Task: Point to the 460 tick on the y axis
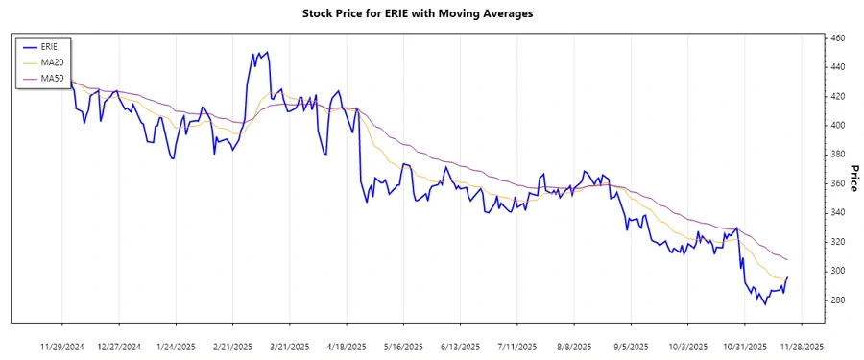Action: tap(837, 38)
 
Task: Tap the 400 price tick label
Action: tap(837, 126)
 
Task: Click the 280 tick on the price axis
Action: tap(837, 300)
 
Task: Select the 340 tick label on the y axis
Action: tap(837, 213)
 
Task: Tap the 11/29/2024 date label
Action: tap(62, 346)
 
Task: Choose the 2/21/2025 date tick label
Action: tap(232, 346)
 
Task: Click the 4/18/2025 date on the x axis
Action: tap(347, 346)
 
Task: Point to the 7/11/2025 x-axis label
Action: tap(517, 346)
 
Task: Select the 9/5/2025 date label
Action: tap(631, 346)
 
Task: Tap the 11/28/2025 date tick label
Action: tap(802, 346)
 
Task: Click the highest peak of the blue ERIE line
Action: tap(267, 53)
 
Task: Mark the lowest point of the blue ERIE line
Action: tap(765, 304)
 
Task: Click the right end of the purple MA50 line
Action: tap(787, 260)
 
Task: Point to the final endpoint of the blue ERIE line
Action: tap(787, 277)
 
